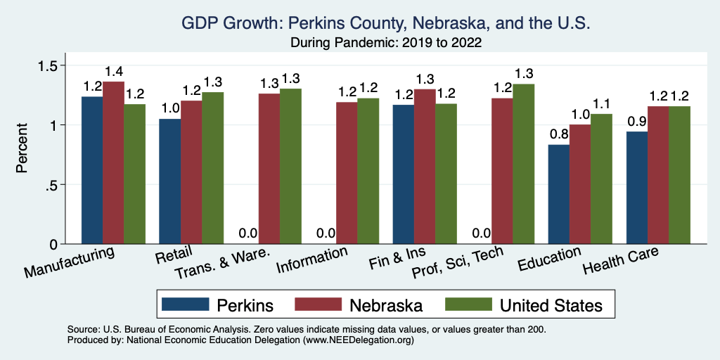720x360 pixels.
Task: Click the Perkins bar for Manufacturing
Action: (92, 170)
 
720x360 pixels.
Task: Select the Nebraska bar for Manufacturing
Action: (113, 163)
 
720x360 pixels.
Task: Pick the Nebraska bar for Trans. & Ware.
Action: (269, 169)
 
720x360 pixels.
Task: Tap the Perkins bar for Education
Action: (559, 194)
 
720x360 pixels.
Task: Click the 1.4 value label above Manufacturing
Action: (113, 71)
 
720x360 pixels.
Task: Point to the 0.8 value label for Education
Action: (559, 134)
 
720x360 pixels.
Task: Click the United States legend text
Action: (551, 305)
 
